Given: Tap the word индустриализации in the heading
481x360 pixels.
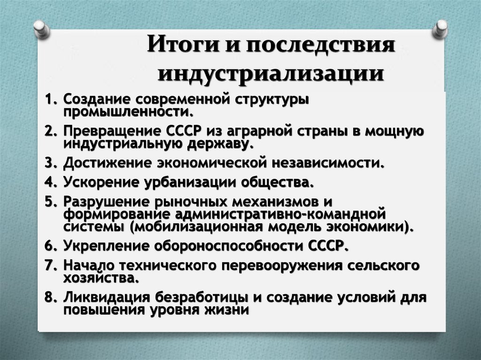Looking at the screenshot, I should (x=270, y=74).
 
